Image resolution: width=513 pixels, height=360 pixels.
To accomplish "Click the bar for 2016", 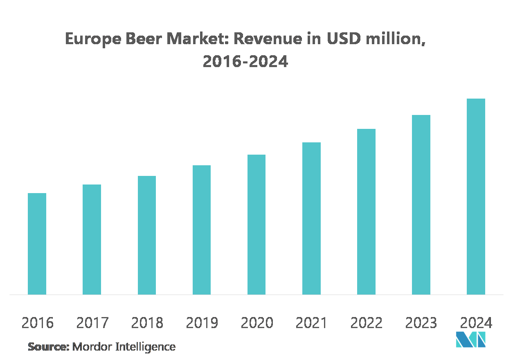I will tap(37, 244).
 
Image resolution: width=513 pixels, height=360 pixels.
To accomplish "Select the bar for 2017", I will tap(92, 239).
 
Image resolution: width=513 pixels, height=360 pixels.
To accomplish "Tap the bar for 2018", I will tap(147, 235).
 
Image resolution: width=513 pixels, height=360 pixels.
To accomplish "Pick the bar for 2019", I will tap(202, 230).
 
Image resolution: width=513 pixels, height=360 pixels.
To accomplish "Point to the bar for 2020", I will tap(256, 225).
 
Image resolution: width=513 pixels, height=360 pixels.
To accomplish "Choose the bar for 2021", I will tap(311, 218).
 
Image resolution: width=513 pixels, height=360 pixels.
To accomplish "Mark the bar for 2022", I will tap(366, 211).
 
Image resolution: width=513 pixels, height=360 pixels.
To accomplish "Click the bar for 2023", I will tap(421, 205).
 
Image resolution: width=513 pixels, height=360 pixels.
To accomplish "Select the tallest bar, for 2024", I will tap(476, 196).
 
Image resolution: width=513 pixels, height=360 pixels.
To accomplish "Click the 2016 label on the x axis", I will tap(37, 323).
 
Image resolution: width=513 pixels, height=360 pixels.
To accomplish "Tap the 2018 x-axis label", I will tap(147, 323).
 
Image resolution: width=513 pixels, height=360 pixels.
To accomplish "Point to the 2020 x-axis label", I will tap(256, 323).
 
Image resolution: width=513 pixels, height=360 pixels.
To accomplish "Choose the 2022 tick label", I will tap(366, 323).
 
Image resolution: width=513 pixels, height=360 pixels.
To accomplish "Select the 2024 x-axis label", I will tap(476, 323).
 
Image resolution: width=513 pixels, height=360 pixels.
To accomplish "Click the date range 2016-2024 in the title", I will tap(245, 61).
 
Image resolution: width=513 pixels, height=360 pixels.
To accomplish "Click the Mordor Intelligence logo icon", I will tap(470, 340).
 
